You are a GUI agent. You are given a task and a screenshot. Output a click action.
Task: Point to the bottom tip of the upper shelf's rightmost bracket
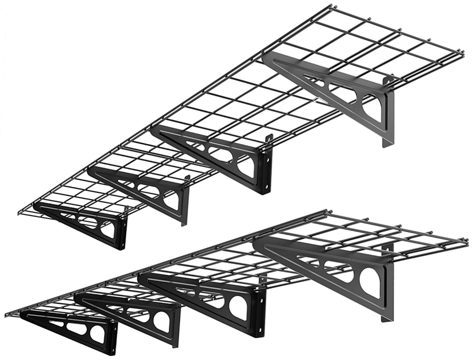pyautogui.click(x=384, y=147)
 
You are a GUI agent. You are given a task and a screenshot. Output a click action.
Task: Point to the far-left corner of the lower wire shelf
pyautogui.click(x=6, y=314)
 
